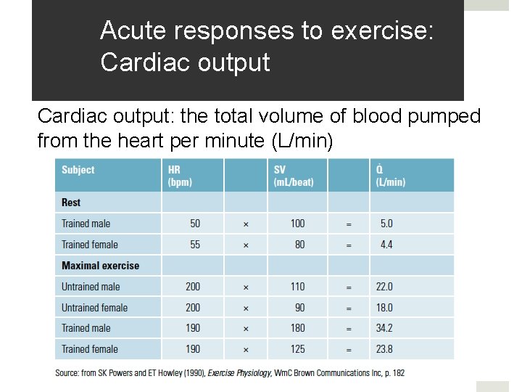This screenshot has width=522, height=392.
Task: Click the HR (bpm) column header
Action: click(180, 175)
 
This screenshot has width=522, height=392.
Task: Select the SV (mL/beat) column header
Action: click(294, 175)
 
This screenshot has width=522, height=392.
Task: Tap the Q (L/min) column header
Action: click(390, 175)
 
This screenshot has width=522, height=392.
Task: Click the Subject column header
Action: click(78, 170)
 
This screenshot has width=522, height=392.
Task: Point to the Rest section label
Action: click(71, 203)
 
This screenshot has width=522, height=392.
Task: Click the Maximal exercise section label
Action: click(100, 266)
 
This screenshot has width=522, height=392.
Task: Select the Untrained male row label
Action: click(91, 287)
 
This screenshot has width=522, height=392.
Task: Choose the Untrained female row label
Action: click(94, 308)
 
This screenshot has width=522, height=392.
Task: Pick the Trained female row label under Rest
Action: click(89, 245)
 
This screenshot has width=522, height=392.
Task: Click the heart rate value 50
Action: click(195, 224)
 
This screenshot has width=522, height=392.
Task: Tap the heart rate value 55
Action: click(195, 245)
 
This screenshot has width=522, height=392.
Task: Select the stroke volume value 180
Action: click(297, 328)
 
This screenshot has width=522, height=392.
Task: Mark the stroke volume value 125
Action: click(297, 349)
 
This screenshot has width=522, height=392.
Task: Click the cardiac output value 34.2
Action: click(384, 328)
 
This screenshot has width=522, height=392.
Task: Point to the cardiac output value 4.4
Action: click(386, 245)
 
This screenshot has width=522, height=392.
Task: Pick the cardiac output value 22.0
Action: click(384, 287)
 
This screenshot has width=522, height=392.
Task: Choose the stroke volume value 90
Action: click(299, 308)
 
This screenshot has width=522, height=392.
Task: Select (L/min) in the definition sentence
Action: click(301, 140)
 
